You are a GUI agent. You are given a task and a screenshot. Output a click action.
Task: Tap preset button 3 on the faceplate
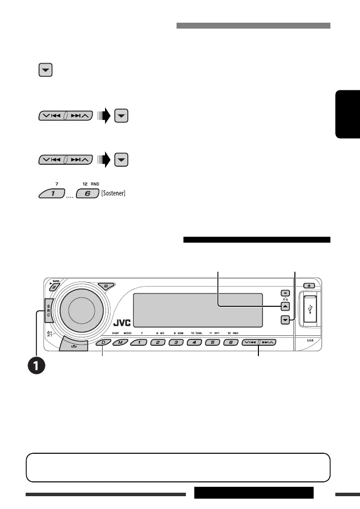[x=176, y=342]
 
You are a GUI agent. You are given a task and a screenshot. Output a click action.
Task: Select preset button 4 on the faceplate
[x=194, y=342]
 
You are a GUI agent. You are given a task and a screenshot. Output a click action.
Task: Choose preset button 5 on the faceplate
[x=212, y=342]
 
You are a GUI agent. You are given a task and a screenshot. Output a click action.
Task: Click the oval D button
[x=104, y=342]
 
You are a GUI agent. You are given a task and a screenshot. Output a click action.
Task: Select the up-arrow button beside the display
[x=284, y=306]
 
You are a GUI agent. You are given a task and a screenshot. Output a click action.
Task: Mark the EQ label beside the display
[x=284, y=298]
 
